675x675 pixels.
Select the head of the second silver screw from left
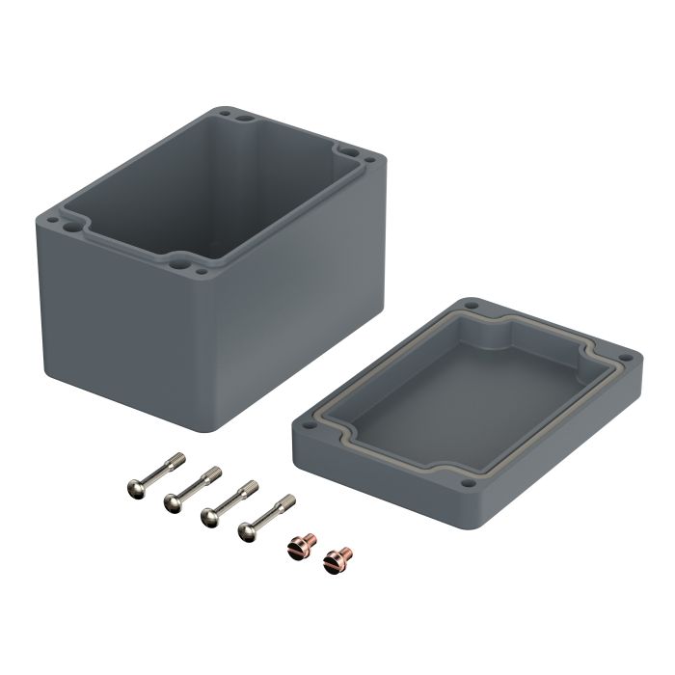click(x=175, y=499)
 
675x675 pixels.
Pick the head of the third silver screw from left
click(x=209, y=517)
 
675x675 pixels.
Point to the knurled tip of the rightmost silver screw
click(x=288, y=500)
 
